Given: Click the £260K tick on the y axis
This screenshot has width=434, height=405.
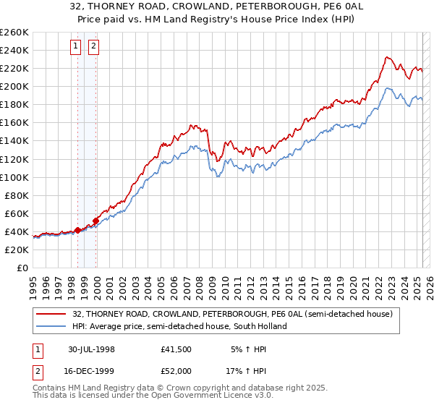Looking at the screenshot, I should click(14, 32).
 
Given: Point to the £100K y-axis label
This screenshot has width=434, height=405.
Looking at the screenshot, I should click(14, 177).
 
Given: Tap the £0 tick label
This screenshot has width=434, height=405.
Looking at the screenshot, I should click(22, 268).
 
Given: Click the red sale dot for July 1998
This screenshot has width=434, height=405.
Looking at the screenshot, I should click(77, 230).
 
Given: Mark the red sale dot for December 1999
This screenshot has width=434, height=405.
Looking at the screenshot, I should click(95, 221).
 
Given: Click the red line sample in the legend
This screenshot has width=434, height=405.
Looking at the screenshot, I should click(52, 315).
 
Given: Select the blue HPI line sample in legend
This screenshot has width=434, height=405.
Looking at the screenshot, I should click(52, 326).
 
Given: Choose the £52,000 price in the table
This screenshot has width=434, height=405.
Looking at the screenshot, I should click(176, 370).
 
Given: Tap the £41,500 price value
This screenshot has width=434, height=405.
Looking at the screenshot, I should click(176, 349).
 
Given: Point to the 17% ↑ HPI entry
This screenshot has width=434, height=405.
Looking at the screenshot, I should click(248, 370).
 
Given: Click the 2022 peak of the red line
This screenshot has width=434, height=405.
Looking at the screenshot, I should click(388, 57).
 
